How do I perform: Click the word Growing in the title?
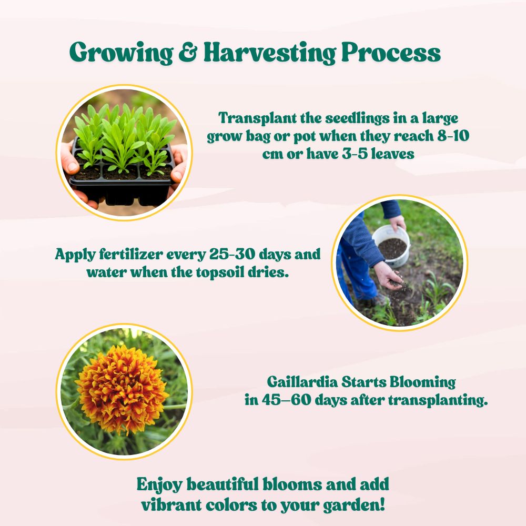(x=122, y=53)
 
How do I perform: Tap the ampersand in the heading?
(x=188, y=52)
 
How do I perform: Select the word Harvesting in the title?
(x=270, y=53)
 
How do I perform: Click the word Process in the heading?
(x=391, y=52)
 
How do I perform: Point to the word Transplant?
(x=258, y=118)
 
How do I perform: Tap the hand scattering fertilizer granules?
(x=389, y=276)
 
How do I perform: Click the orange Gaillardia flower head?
(x=122, y=389)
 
